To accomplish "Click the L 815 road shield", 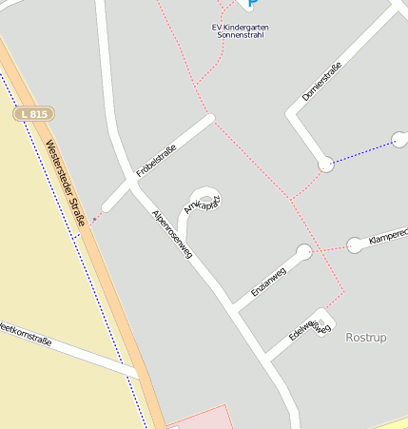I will coord(33,114).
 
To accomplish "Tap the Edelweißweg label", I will coord(310,328).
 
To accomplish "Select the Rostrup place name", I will coord(366,337).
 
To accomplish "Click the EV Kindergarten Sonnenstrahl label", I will coord(240,30).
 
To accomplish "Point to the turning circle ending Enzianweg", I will coord(303,252).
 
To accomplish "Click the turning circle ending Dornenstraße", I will coord(326,165).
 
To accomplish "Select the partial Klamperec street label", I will coord(387,234).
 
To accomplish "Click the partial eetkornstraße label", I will coord(27,335).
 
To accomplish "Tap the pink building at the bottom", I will coord(200,418).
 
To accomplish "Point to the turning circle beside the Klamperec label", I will coord(355,245).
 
